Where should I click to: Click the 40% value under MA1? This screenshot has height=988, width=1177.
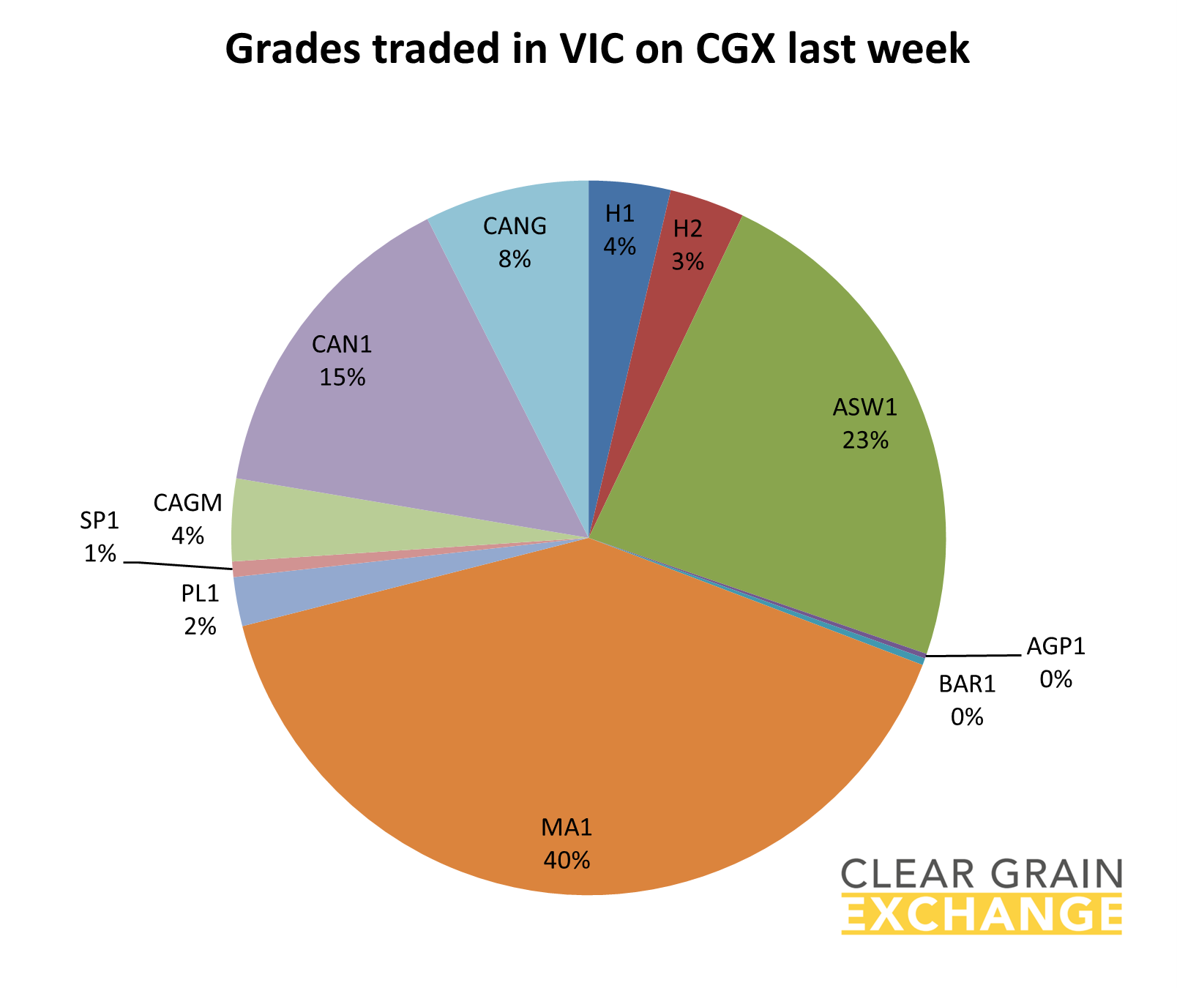click(x=567, y=860)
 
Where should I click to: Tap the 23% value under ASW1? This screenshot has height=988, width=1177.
click(x=865, y=440)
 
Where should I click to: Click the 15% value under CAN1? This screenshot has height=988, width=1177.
click(x=342, y=377)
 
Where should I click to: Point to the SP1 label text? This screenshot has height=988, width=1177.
click(x=100, y=521)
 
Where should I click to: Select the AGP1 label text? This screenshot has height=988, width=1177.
click(x=1055, y=646)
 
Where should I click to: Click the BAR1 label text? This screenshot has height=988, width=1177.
click(x=967, y=684)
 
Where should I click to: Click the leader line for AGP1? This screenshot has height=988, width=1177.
click(x=974, y=656)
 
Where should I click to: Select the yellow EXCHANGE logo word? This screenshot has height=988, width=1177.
click(x=982, y=914)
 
